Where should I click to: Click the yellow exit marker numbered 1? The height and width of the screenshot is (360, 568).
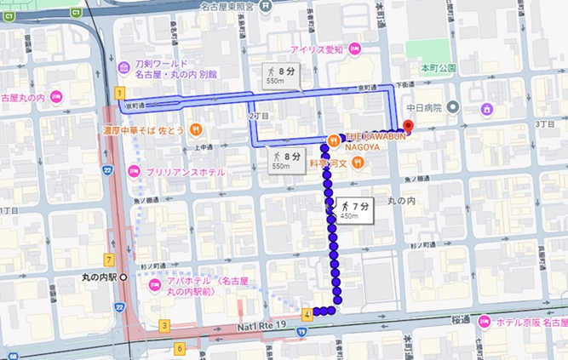(x=120, y=92)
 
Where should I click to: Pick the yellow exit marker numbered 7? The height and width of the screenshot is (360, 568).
(x=109, y=258)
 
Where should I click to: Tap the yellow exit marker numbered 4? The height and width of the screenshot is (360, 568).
(x=306, y=314)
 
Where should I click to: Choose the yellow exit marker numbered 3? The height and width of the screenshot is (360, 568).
(x=164, y=325)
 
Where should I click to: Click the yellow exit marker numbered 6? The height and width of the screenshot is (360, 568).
(x=180, y=348)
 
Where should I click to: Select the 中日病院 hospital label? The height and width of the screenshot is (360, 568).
(x=422, y=107)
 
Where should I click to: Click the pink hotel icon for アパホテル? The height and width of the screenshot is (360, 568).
(x=154, y=283)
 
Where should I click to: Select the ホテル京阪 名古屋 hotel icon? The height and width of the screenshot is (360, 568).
(x=485, y=322)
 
